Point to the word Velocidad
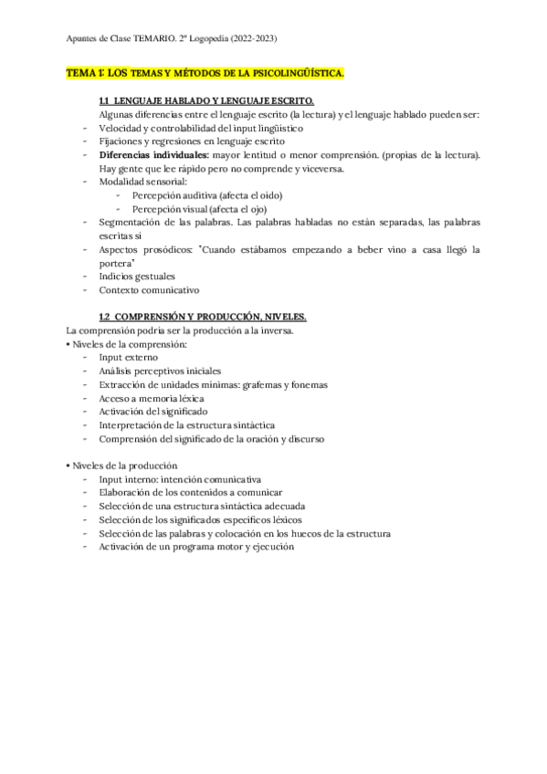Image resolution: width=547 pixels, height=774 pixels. tap(121, 128)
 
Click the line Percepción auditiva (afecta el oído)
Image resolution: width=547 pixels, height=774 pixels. tap(206, 195)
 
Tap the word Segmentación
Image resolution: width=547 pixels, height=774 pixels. tap(129, 222)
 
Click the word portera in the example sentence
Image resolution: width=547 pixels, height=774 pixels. tap(117, 262)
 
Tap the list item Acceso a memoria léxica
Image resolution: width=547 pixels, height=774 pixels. tap(151, 398)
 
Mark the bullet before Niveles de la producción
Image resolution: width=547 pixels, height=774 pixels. tap(69, 465)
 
